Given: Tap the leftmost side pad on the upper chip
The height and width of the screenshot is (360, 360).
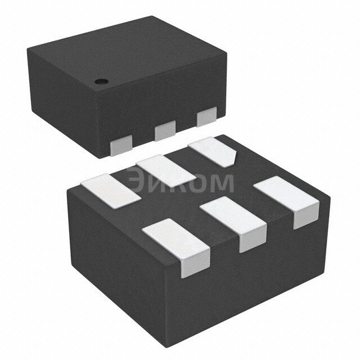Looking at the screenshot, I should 120,145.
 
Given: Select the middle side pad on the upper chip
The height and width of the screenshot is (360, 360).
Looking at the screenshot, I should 165,132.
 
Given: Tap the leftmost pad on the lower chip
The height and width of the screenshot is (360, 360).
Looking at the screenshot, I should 110,192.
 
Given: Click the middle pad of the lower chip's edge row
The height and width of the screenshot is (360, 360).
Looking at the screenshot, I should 233,220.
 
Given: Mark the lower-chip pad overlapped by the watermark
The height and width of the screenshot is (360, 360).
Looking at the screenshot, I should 165,171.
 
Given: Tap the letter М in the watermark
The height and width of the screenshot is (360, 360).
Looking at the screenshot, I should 222,182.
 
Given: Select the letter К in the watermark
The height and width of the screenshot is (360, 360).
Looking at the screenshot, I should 178,182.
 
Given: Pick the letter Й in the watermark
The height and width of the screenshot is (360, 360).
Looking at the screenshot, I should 157,182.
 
